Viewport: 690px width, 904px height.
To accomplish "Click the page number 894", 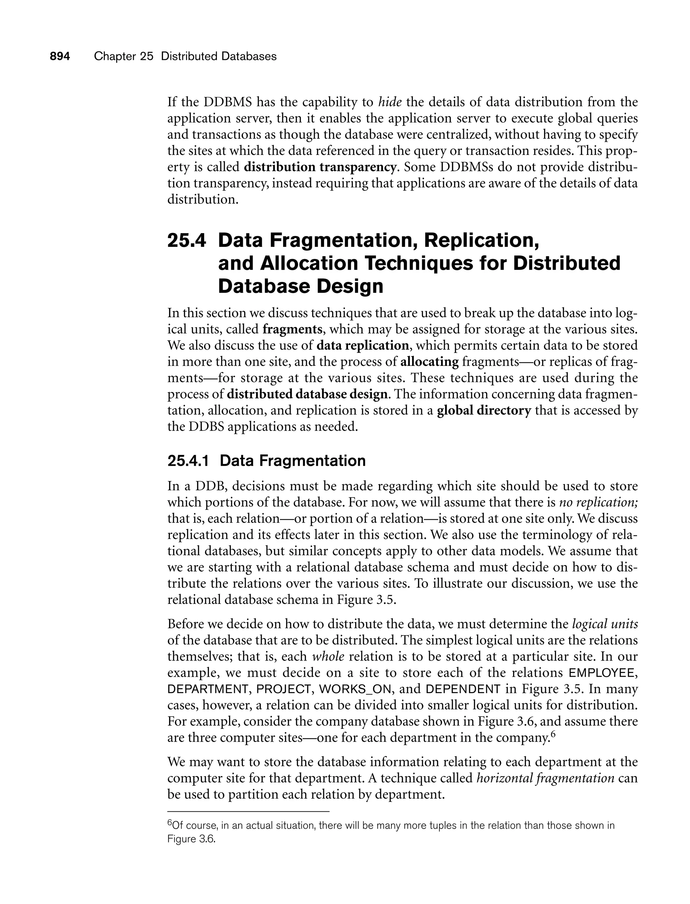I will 60,56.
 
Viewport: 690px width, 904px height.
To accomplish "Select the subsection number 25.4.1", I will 188,461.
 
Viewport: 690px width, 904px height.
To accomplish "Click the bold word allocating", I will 429,362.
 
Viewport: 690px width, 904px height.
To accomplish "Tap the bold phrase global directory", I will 484,411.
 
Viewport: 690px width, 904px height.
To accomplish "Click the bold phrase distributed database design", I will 307,394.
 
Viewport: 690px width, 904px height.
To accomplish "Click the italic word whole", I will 328,656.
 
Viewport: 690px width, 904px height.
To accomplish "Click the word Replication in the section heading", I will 481,240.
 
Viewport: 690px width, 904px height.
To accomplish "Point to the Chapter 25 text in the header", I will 123,56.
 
